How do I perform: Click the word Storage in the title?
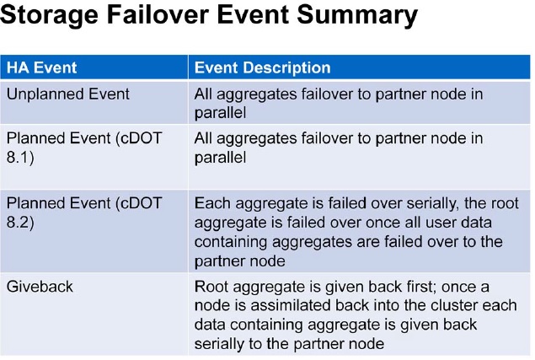(49, 15)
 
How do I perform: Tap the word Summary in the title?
(357, 15)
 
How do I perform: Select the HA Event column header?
(41, 67)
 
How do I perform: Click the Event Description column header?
(262, 67)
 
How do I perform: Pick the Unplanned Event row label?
(68, 94)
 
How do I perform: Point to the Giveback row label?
(40, 286)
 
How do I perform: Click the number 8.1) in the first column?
(20, 158)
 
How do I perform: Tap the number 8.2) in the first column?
(20, 223)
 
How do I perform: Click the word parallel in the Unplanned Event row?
(220, 113)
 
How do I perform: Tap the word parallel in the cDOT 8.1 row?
(220, 158)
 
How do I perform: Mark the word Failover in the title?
(158, 14)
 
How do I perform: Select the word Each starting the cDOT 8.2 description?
(212, 203)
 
